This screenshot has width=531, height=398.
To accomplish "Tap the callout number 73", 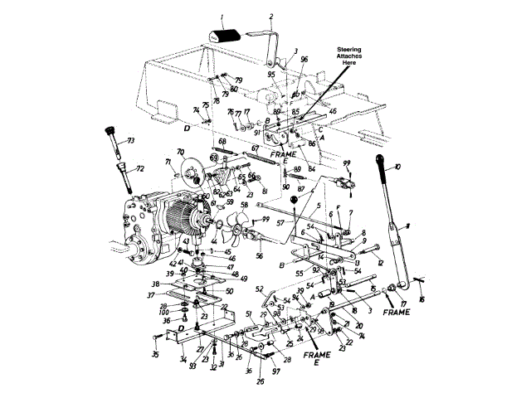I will pyautogui.click(x=129, y=142).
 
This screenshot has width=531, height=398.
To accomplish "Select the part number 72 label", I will pyautogui.click(x=139, y=168).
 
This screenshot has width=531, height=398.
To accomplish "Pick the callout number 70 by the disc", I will pyautogui.click(x=180, y=152).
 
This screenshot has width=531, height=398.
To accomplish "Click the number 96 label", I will pyautogui.click(x=304, y=59).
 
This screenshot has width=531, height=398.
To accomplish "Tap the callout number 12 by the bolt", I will pyautogui.click(x=381, y=263).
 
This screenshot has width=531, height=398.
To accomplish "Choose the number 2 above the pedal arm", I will pyautogui.click(x=271, y=17).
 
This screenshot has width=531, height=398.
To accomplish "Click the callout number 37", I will pyautogui.click(x=151, y=294).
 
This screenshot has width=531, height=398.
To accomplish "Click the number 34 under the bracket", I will pyautogui.click(x=183, y=359).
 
